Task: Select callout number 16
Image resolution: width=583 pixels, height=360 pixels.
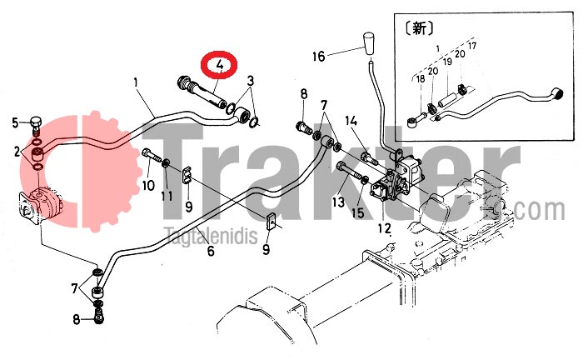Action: tap(319, 57)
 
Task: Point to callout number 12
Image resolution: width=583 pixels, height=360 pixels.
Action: tap(385, 228)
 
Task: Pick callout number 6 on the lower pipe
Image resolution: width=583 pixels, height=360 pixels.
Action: tap(211, 251)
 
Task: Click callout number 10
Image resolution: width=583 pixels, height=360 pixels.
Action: tap(148, 185)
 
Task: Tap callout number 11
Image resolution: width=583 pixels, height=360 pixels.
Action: tap(167, 196)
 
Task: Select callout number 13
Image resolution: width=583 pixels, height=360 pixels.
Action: tap(339, 202)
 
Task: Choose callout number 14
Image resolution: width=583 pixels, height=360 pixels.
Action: tap(351, 121)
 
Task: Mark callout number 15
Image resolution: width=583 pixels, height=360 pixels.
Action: tap(358, 212)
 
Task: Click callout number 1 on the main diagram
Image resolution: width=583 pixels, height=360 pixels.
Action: tap(136, 82)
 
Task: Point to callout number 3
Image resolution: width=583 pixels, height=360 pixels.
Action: tap(251, 80)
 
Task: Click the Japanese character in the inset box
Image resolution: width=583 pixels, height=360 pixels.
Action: tap(419, 28)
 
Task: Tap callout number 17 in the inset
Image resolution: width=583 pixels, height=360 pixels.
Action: tap(472, 46)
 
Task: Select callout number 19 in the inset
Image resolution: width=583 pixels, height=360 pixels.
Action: tap(447, 61)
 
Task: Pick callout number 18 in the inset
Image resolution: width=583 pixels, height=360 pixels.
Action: tap(421, 79)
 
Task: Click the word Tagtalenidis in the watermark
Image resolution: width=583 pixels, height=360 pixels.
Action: tap(211, 235)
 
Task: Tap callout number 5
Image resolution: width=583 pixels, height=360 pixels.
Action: tap(15, 122)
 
